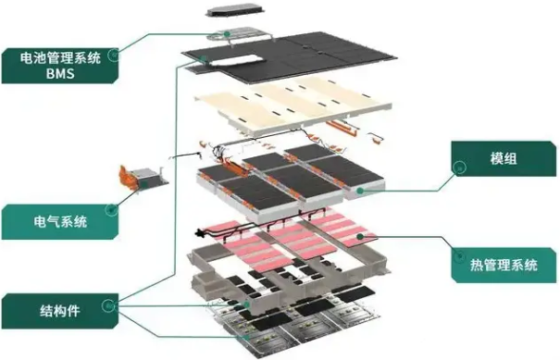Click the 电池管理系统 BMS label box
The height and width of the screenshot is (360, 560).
(x=60, y=66)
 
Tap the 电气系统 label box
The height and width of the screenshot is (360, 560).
(x=60, y=221)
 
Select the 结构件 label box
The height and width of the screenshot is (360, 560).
(x=60, y=311)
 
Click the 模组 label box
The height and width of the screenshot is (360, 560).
(x=504, y=158)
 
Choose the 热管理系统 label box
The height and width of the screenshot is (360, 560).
(x=504, y=265)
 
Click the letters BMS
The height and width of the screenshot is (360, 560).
(x=60, y=73)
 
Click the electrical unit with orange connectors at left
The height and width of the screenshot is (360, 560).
(x=143, y=177)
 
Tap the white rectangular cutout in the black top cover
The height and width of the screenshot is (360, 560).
(x=236, y=60)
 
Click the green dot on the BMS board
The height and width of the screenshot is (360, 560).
(x=227, y=34)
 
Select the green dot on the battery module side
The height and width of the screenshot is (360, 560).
(x=360, y=191)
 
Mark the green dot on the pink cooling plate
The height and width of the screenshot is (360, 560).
(x=360, y=236)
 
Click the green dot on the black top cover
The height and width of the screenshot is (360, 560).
(x=204, y=59)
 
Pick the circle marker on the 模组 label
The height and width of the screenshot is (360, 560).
(x=459, y=168)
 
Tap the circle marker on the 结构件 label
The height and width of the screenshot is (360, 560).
(x=108, y=306)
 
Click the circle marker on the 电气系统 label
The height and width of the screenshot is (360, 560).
(x=111, y=210)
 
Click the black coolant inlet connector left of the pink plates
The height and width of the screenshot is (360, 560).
(x=198, y=234)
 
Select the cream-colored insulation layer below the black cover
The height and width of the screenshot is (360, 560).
(x=292, y=106)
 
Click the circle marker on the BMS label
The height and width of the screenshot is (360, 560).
(x=114, y=55)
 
